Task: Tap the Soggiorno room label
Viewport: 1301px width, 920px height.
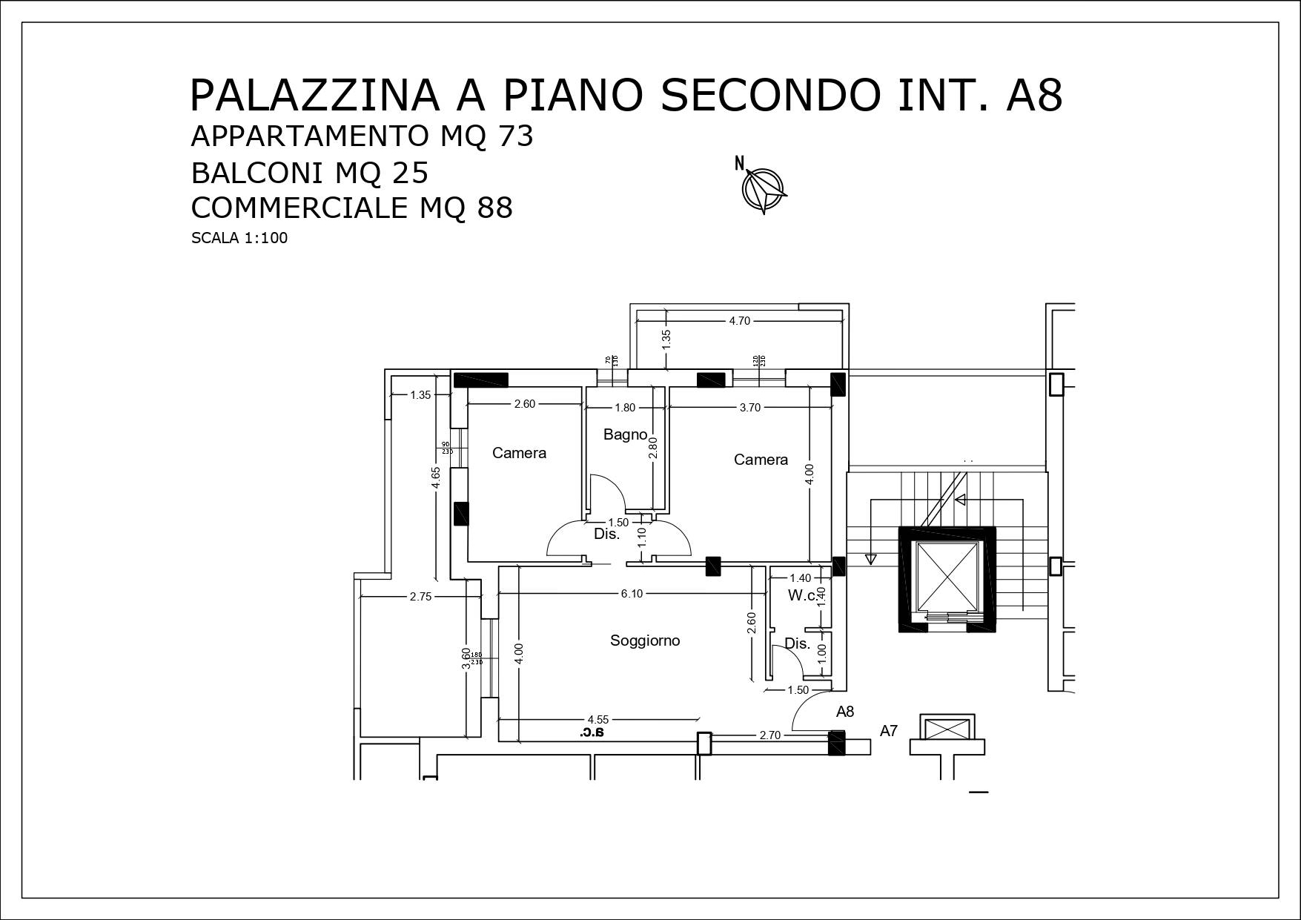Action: coord(644,641)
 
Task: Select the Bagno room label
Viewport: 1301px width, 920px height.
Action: coord(625,434)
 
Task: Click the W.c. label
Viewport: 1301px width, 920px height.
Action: coord(802,595)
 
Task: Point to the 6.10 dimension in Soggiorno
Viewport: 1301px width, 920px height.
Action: coord(632,594)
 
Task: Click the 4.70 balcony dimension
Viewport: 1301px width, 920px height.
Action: coord(739,321)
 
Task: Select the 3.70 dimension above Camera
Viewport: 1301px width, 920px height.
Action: coord(749,407)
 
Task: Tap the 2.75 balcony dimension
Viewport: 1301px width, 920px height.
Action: coord(420,597)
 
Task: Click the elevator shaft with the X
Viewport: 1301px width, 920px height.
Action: coord(947,576)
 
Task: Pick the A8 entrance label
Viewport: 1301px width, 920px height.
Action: coord(845,712)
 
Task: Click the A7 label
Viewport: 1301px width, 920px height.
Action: coord(888,731)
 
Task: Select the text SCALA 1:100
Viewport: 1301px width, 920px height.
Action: coord(239,238)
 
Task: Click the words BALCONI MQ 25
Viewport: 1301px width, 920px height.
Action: coord(309,173)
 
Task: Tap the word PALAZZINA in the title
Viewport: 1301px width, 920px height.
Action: coord(314,95)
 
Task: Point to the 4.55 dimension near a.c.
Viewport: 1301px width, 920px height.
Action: coord(597,719)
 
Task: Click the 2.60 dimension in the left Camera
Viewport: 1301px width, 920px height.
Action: coord(524,404)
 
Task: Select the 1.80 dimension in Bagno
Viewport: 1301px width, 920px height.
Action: coord(625,408)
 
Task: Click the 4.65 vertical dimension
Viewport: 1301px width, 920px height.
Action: coord(437,477)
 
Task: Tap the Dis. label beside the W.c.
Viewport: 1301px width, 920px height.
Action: coord(797,643)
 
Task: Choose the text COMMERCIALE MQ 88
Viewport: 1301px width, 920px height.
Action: coord(351,208)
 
